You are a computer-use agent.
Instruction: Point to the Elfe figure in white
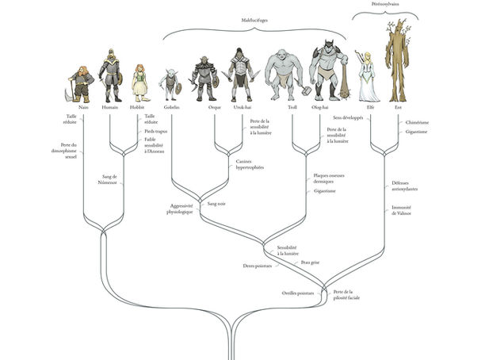coord(366,75)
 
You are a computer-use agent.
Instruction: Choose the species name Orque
coord(204,106)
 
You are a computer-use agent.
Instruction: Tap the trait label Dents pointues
coord(257,266)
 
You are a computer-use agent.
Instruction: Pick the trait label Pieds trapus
coord(154,131)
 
